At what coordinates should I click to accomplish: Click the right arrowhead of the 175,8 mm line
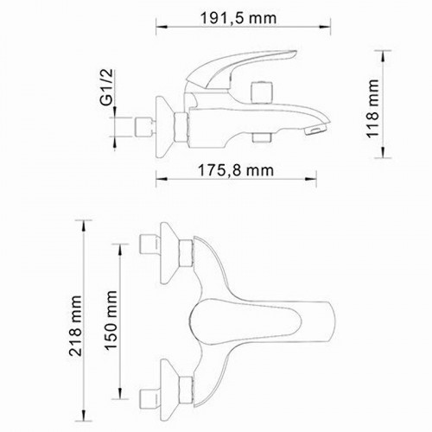[317, 182]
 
